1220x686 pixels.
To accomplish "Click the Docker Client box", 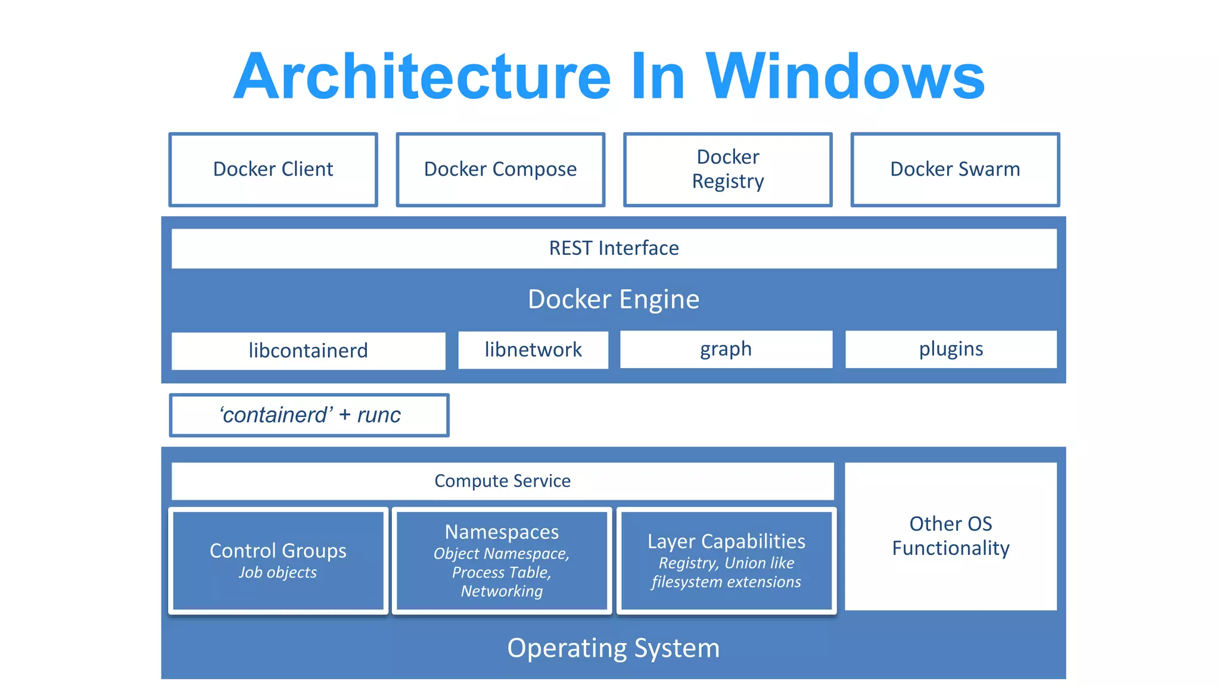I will tap(273, 170).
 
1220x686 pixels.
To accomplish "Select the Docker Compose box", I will tap(500, 170).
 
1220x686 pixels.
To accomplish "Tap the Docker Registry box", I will tap(727, 170).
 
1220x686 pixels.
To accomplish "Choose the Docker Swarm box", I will tap(955, 170).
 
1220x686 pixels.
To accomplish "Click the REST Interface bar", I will tap(614, 248).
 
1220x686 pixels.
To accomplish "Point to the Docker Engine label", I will tap(614, 299).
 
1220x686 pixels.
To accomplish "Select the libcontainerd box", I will tap(308, 351).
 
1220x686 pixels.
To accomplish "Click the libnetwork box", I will tap(533, 350).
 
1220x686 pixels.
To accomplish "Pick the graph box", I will tap(726, 349).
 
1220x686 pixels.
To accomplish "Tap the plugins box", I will tap(951, 349).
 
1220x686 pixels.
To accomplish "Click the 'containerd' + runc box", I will tap(309, 415).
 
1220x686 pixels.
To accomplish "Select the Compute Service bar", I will tap(502, 481).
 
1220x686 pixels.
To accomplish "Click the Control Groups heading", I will tap(278, 551).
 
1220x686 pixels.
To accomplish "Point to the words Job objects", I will tap(278, 572).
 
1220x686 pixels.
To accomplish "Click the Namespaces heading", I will tap(502, 532).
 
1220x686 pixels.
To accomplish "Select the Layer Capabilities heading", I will tap(726, 541).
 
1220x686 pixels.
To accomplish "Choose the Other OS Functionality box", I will tap(951, 536).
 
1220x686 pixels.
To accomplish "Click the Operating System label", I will tap(614, 648).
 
